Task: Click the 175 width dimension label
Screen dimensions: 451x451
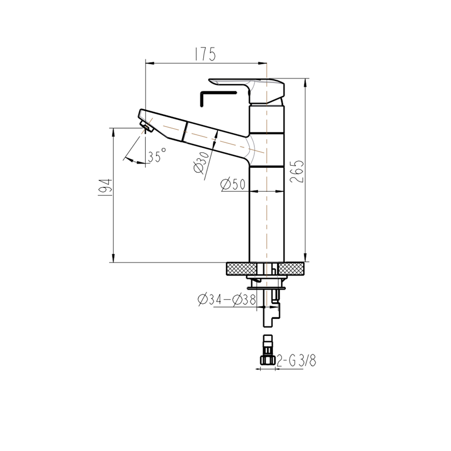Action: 205,54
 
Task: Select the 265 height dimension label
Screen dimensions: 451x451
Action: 297,171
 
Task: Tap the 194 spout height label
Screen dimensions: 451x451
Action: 105,187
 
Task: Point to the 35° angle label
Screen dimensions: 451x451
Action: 157,155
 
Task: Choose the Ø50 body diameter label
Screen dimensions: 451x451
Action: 233,184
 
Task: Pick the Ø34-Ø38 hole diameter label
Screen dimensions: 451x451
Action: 227,299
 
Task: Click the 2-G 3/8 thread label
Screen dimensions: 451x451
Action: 296,360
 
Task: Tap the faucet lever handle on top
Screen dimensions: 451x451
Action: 247,90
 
